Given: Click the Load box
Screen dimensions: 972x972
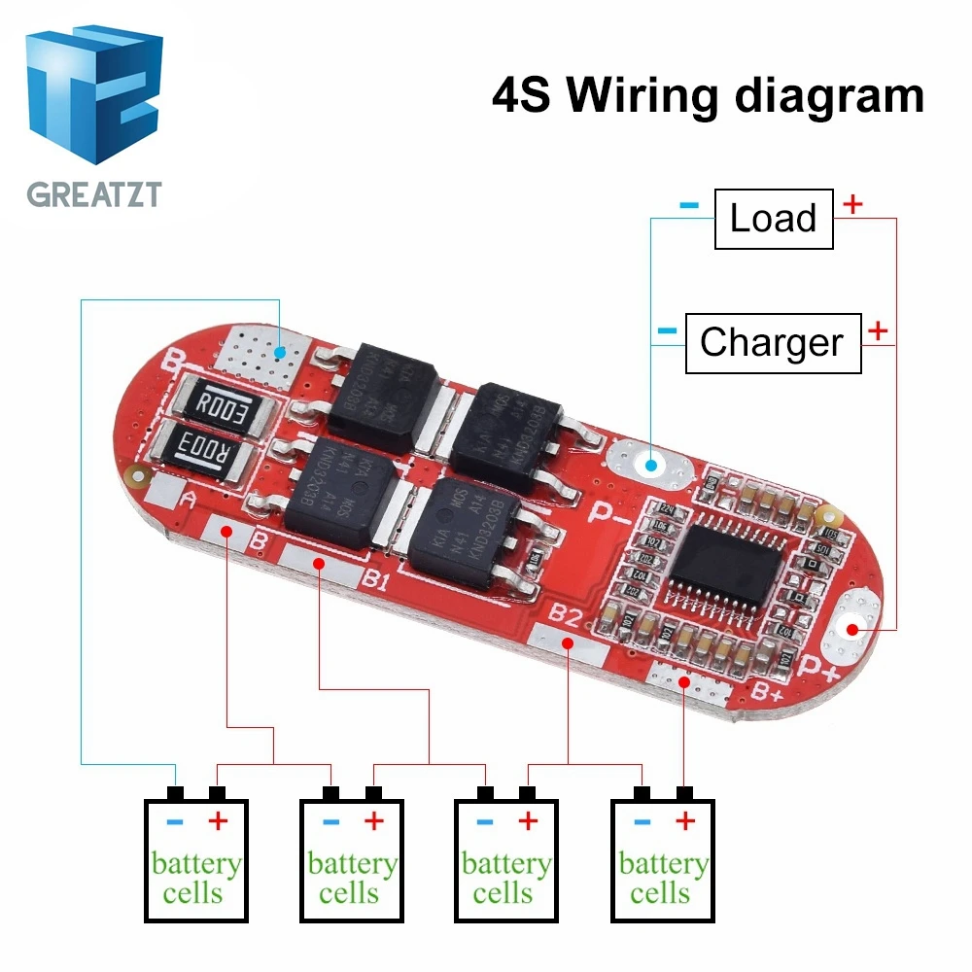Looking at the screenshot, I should (x=774, y=219).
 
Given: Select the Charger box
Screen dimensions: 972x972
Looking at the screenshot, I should (x=773, y=343).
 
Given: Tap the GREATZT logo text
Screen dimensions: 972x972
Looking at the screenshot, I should (x=93, y=191).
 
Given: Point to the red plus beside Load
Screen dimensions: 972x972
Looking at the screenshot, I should (x=852, y=204).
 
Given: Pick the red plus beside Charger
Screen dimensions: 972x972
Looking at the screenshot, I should (x=877, y=330).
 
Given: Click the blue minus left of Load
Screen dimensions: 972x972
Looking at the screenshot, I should (x=688, y=205).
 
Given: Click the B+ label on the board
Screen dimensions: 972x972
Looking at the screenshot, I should (x=769, y=692).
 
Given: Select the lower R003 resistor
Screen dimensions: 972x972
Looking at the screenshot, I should (x=201, y=450).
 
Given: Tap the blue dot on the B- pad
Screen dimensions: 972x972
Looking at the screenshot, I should (x=280, y=351).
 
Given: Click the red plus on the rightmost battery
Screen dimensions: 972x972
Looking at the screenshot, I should (x=685, y=822).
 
